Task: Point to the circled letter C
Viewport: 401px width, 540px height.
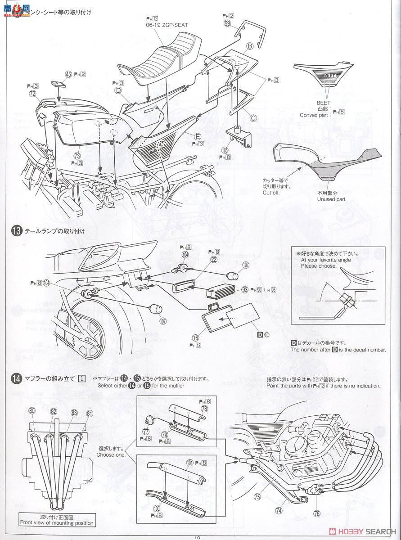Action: pos(253,118)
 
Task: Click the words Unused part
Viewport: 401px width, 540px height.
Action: pos(331,199)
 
